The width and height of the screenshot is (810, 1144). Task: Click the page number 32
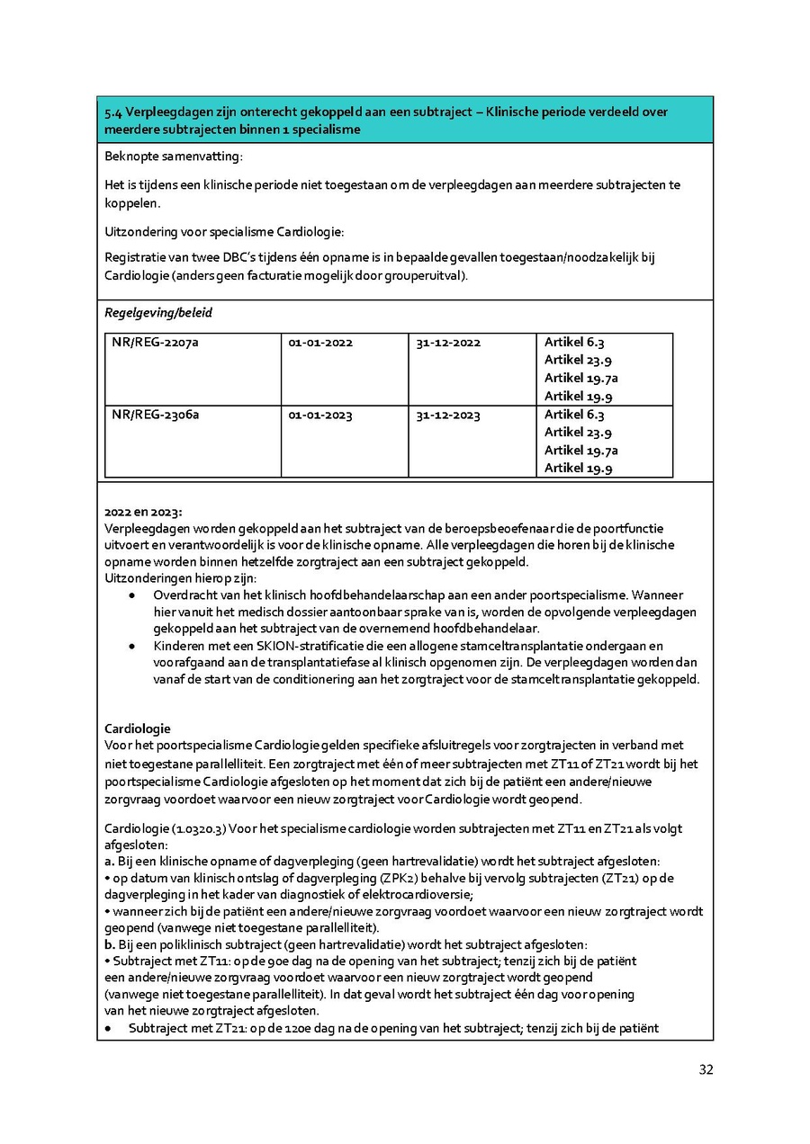click(x=706, y=1069)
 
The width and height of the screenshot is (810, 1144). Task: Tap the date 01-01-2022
click(x=320, y=343)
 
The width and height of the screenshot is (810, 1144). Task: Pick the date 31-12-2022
click(x=448, y=343)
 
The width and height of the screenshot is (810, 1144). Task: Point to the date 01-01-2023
click(x=320, y=415)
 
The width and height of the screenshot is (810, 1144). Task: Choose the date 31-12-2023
click(x=448, y=415)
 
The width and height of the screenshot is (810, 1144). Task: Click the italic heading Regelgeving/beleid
click(x=158, y=313)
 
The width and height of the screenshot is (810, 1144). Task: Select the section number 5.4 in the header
click(x=112, y=112)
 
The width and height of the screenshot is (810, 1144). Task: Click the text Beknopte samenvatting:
click(x=174, y=156)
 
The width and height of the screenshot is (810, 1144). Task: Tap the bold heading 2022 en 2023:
click(x=142, y=512)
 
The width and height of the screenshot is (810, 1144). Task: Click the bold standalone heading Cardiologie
click(x=138, y=728)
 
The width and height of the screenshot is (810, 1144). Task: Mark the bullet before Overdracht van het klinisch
click(x=133, y=595)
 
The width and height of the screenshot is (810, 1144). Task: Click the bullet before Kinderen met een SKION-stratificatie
click(x=133, y=646)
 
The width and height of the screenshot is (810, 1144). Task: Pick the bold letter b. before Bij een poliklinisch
click(x=110, y=944)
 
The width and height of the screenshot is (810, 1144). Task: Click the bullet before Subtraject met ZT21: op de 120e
click(x=109, y=1028)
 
